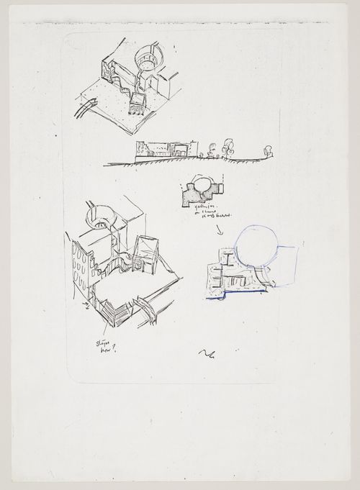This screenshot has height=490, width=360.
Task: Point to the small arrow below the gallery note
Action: click(219, 231)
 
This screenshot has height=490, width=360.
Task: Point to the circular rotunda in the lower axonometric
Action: click(99, 214)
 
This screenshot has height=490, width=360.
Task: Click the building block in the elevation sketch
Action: click(162, 149)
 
